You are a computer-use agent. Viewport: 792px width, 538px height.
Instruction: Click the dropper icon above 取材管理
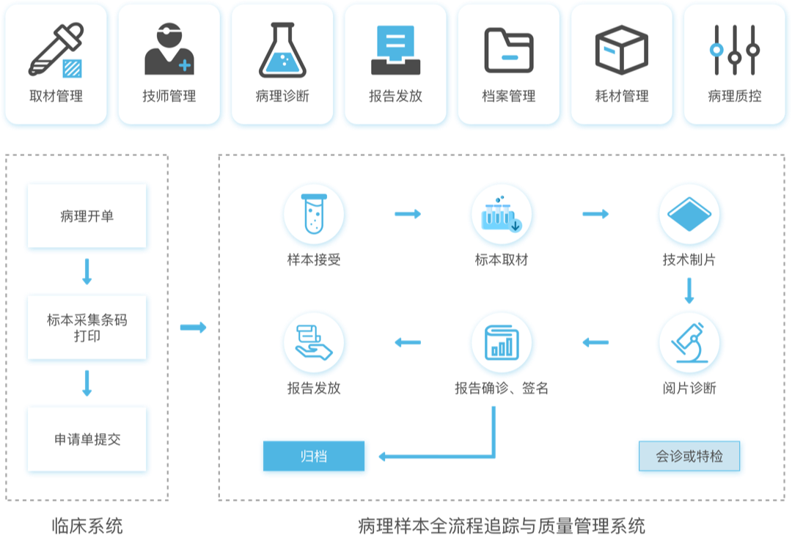[56, 50]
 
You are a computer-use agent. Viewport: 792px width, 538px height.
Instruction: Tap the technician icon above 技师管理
[169, 48]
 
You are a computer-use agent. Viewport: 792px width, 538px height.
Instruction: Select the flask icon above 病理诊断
[282, 49]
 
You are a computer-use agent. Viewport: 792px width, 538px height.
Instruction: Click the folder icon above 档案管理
[509, 50]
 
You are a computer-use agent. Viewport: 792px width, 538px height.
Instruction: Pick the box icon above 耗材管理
[622, 49]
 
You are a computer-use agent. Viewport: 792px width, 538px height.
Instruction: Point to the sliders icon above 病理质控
[734, 49]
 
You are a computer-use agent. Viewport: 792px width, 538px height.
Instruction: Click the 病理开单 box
[87, 216]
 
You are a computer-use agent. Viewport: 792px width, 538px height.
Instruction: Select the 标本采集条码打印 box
[87, 328]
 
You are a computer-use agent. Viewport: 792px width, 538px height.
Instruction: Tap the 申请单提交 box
[87, 439]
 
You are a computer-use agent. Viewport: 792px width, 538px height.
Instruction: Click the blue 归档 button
[314, 456]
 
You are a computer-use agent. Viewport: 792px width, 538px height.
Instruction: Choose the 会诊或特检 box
[689, 456]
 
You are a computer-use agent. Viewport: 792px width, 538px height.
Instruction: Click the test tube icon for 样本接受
[314, 214]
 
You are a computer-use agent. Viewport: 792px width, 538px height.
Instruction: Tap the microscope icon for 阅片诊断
[689, 343]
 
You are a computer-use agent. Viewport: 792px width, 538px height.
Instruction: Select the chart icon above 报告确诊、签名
[502, 343]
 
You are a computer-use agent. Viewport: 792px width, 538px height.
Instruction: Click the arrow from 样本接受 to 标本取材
[408, 214]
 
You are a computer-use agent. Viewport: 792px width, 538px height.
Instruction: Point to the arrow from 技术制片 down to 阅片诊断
[689, 291]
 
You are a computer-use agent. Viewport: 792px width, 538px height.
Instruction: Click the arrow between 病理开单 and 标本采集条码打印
[87, 271]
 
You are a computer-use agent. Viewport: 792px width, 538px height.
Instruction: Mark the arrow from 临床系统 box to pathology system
[194, 328]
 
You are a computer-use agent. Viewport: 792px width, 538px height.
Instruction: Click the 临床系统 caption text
[87, 526]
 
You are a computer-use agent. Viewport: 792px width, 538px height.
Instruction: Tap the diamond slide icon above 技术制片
[689, 214]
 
